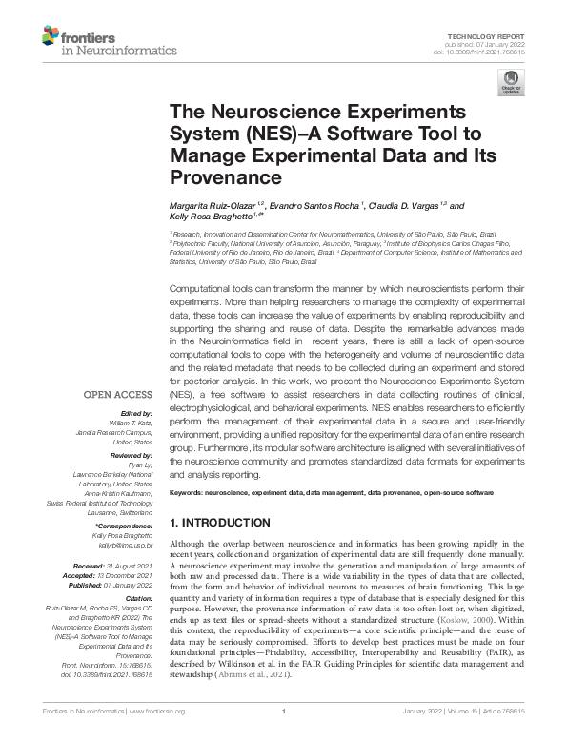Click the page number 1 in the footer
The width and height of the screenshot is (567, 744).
(284, 734)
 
